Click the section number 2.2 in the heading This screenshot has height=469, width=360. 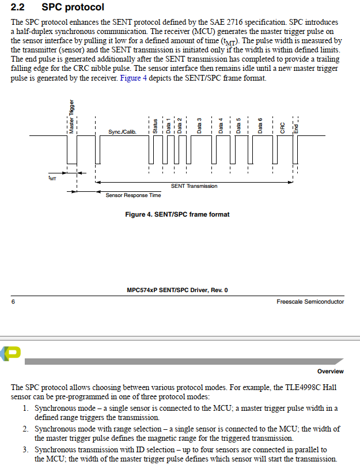[18, 7]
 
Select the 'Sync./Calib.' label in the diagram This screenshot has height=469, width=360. [122, 132]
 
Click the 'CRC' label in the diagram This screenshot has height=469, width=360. [282, 127]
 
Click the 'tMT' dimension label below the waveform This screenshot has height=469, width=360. [52, 179]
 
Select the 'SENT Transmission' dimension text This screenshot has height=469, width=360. [194, 186]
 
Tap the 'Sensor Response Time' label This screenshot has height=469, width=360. [133, 195]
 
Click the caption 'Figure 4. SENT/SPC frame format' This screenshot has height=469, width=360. [177, 214]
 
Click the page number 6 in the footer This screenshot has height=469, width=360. [13, 301]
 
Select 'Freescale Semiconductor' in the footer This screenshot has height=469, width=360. [310, 301]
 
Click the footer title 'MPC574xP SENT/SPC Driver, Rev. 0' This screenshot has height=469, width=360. [177, 290]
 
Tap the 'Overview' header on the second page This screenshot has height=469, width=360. [330, 371]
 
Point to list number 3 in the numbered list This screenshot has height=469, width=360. [26, 449]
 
